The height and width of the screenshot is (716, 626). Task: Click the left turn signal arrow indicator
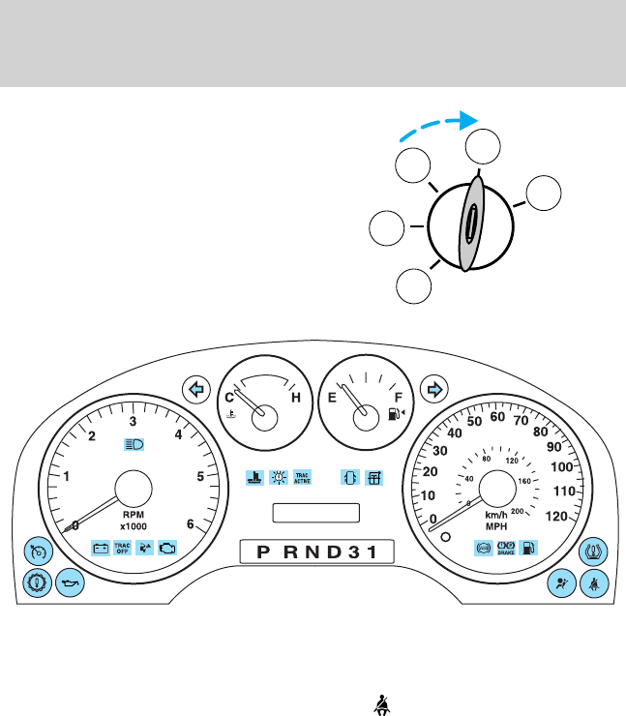pyautogui.click(x=196, y=389)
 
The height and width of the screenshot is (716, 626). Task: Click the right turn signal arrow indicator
pyautogui.click(x=433, y=389)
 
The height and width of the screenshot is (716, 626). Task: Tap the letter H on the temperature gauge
pyautogui.click(x=295, y=396)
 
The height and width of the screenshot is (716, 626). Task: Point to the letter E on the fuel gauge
pyautogui.click(x=333, y=396)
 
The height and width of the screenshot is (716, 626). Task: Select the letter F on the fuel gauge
pyautogui.click(x=397, y=396)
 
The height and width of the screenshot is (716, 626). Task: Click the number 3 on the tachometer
pyautogui.click(x=133, y=421)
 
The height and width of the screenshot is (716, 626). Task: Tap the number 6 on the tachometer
pyautogui.click(x=190, y=524)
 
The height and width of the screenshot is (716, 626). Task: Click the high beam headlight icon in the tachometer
pyautogui.click(x=133, y=445)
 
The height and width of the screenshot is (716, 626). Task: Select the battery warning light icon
pyautogui.click(x=100, y=548)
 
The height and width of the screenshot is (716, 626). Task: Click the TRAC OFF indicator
pyautogui.click(x=122, y=548)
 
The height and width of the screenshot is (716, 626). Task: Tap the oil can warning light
pyautogui.click(x=69, y=584)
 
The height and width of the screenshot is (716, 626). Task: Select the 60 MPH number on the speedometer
pyautogui.click(x=497, y=417)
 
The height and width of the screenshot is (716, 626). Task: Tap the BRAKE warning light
pyautogui.click(x=504, y=548)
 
